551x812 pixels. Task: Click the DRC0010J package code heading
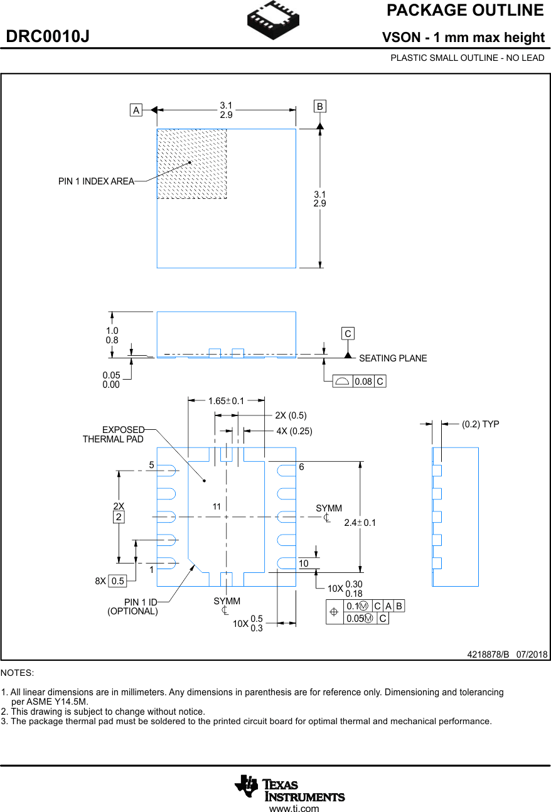[x=48, y=37]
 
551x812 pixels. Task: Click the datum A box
[x=136, y=110]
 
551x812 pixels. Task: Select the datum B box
[x=320, y=106]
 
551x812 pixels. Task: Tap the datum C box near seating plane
[x=348, y=333]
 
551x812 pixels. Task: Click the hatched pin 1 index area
[x=191, y=164]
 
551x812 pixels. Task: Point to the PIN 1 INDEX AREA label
[x=96, y=181]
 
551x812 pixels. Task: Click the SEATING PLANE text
[x=393, y=358]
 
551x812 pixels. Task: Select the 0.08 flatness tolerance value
[x=363, y=382]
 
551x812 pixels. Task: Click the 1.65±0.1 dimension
[x=226, y=400]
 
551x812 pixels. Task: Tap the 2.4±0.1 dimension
[x=360, y=523]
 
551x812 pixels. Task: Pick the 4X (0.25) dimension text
[x=294, y=431]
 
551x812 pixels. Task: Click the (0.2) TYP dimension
[x=481, y=424]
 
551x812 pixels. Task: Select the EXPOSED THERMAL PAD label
[x=114, y=434]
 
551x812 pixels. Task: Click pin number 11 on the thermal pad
[x=217, y=506]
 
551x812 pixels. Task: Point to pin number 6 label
[x=301, y=467]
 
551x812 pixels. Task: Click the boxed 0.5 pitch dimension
[x=117, y=581]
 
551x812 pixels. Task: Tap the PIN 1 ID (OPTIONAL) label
[x=132, y=607]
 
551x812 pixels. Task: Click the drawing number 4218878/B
[x=488, y=654]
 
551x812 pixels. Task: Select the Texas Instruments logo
[x=289, y=788]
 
